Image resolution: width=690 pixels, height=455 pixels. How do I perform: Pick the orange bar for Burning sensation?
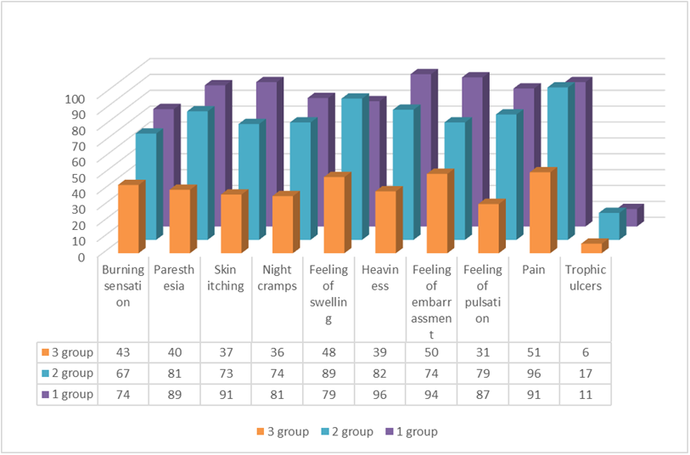[x=128, y=219]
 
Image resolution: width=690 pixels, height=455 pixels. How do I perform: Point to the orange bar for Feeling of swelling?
[x=334, y=215]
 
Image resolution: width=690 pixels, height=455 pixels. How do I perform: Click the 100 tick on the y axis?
[x=75, y=98]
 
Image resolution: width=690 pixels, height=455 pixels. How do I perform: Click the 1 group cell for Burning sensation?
[x=124, y=394]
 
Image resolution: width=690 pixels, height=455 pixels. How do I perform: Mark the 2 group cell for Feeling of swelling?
[x=329, y=373]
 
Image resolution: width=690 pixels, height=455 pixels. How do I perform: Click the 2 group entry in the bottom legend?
[x=344, y=431]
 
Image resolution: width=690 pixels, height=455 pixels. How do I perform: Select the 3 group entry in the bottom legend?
[x=278, y=431]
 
